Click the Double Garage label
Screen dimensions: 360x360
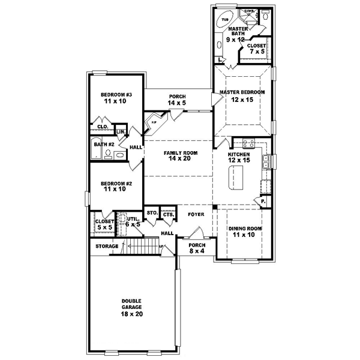pos(131,307)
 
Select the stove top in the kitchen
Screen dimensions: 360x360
pos(247,144)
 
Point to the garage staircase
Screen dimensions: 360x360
pos(142,245)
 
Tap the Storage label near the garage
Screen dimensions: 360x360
pos(106,246)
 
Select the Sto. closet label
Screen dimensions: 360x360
pos(152,213)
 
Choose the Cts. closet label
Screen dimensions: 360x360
pos(169,214)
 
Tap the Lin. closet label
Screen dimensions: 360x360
pos(121,131)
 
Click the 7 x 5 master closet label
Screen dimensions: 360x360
pos(257,48)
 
